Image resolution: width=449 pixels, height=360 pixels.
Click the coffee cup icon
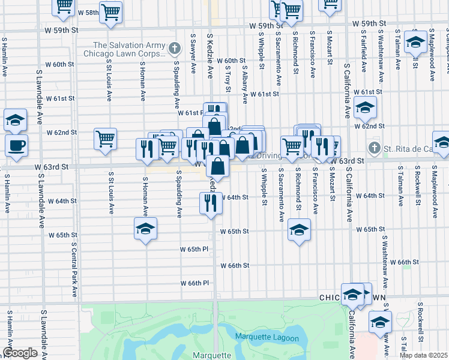click(x=16, y=145)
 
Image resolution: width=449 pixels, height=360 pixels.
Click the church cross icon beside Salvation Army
click(x=174, y=48)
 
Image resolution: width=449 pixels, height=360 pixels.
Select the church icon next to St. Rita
click(x=374, y=148)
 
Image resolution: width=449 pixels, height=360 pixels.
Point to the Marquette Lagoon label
click(x=267, y=338)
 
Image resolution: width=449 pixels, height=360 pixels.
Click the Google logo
click(x=20, y=353)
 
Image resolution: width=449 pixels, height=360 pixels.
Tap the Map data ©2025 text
click(x=423, y=355)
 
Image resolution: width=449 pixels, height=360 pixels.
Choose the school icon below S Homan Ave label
click(x=145, y=229)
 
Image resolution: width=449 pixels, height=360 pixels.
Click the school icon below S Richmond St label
click(x=298, y=229)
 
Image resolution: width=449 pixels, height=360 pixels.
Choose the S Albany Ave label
click(x=245, y=82)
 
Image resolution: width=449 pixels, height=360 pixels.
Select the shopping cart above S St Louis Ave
click(x=105, y=139)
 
